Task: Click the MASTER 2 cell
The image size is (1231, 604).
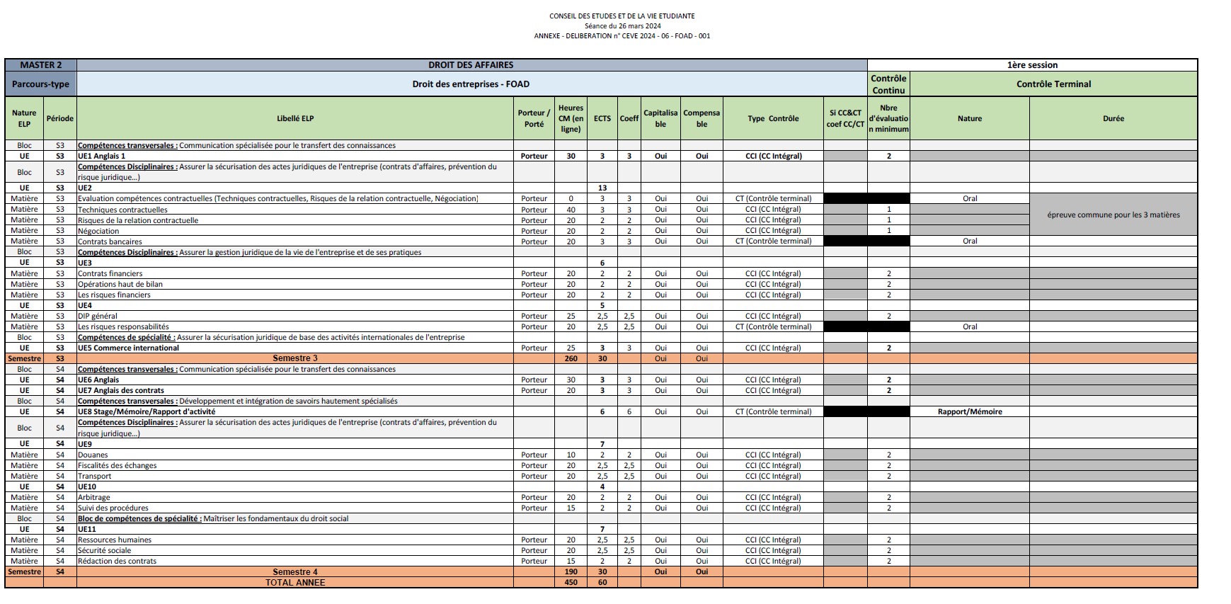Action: click(x=41, y=65)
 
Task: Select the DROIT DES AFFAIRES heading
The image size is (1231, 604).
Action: click(x=471, y=65)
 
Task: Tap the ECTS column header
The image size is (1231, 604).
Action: click(x=602, y=118)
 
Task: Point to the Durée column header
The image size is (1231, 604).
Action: click(x=1113, y=118)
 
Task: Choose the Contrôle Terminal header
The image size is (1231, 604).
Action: click(x=1053, y=84)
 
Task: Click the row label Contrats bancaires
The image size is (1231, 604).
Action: click(x=110, y=241)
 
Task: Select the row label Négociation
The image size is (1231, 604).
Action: click(x=98, y=231)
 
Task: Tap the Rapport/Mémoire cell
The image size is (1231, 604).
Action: click(x=969, y=411)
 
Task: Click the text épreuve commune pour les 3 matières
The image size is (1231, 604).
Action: click(x=1113, y=215)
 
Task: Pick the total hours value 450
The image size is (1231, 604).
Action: click(x=571, y=583)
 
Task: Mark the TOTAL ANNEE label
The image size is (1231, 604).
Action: click(x=295, y=583)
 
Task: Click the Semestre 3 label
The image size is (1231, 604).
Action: click(x=295, y=358)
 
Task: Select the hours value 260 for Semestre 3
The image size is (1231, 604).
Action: click(x=571, y=358)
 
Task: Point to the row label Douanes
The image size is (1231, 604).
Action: click(x=93, y=455)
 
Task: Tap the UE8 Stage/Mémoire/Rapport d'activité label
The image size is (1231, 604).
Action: click(x=147, y=411)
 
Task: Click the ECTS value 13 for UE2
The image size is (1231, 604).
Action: click(x=602, y=188)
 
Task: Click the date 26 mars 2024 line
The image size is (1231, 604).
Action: click(x=622, y=26)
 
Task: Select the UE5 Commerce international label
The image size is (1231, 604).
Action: click(x=128, y=348)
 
